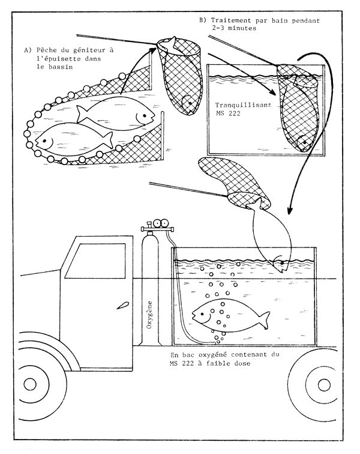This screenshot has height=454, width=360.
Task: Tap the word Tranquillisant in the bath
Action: (235, 104)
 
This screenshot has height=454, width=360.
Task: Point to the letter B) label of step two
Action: (202, 20)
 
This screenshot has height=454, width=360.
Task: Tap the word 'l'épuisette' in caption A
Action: (58, 59)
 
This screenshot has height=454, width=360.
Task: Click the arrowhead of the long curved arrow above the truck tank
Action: (290, 211)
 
